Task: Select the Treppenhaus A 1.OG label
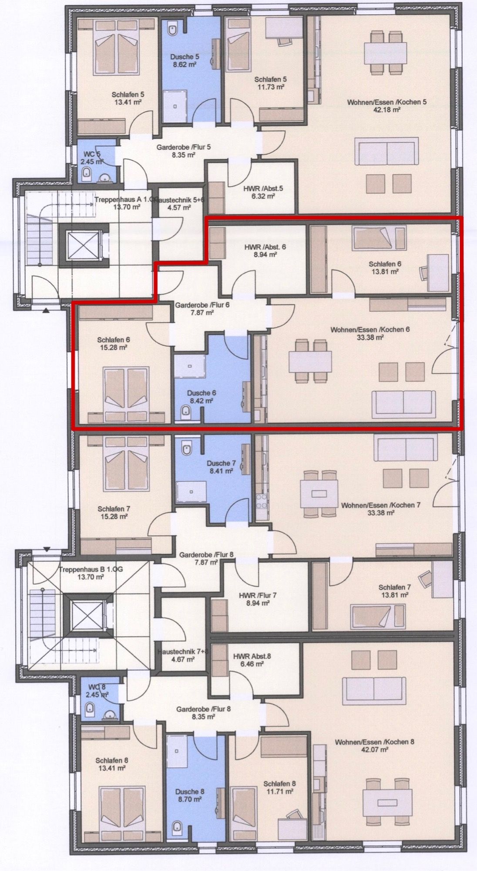(x=121, y=200)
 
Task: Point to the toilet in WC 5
(x=86, y=174)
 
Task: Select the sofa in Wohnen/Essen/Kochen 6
(x=403, y=403)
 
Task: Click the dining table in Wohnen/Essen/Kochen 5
(x=386, y=52)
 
